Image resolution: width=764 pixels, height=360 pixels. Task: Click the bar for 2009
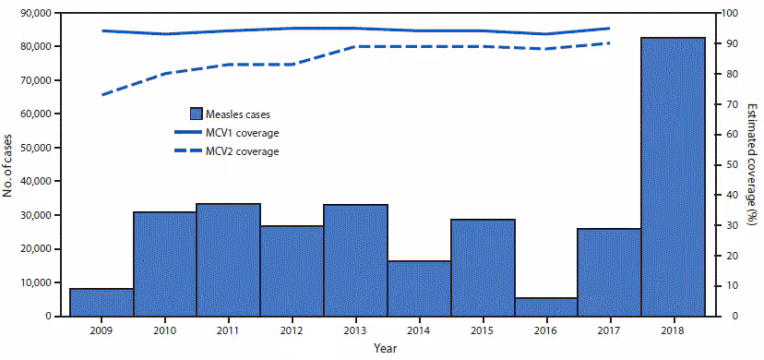pos(101,302)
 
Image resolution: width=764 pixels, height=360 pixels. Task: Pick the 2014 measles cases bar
pos(419,288)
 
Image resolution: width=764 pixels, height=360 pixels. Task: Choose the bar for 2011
pos(228,259)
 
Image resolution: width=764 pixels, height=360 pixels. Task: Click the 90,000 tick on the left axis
pos(35,13)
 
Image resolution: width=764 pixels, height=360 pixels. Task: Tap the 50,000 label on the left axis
pos(35,148)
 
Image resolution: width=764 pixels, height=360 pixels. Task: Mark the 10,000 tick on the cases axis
pos(35,282)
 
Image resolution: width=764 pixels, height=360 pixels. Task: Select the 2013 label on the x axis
pos(355,330)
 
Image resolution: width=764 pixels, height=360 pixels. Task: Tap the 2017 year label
pos(609,330)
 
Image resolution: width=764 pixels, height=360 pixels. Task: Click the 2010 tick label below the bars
pos(164,330)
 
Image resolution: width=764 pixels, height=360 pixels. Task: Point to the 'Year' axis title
pos(387,349)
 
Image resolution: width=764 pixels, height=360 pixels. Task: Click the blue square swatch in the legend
pos(196,114)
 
